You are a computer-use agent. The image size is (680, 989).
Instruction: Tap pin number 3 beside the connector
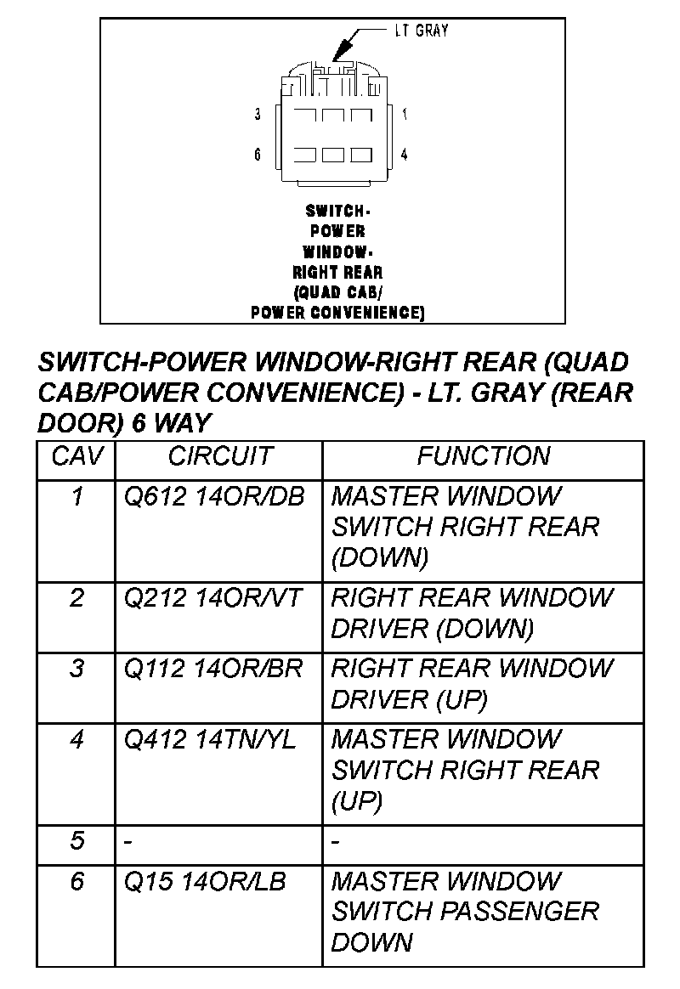258,115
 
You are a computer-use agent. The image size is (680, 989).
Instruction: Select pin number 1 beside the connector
405,114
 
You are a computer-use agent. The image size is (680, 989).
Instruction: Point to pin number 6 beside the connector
258,155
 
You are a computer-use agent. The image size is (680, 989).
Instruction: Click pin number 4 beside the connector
405,155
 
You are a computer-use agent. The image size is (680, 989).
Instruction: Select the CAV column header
77,456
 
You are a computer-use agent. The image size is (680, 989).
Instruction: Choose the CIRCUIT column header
219,456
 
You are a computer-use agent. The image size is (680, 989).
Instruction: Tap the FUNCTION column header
483,456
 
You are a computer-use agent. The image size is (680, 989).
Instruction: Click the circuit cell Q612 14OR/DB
214,496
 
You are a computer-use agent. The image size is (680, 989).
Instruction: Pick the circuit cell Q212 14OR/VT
212,598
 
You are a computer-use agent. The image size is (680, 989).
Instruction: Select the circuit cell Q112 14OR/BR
213,669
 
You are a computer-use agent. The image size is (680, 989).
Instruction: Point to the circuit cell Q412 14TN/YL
210,740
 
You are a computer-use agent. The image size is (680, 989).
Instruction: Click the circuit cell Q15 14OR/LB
205,882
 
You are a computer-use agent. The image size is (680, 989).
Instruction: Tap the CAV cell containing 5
77,841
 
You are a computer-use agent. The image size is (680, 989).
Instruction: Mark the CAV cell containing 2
77,598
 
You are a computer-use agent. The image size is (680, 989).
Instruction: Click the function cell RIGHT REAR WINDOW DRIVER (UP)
472,684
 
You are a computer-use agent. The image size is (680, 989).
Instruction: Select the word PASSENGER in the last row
520,912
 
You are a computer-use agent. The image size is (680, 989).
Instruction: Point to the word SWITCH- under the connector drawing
337,211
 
